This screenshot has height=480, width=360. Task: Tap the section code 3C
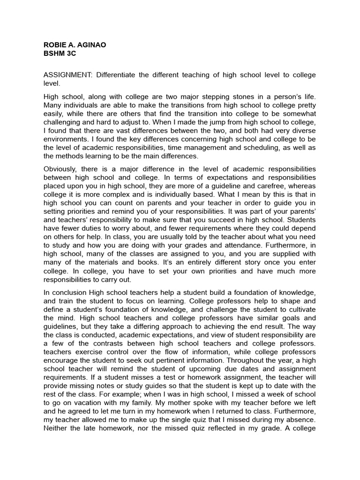point(70,53)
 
